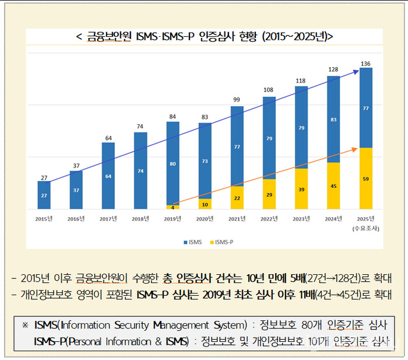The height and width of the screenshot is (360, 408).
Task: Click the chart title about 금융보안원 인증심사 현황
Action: pyautogui.click(x=204, y=37)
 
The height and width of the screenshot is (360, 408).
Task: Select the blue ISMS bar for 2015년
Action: pyautogui.click(x=44, y=195)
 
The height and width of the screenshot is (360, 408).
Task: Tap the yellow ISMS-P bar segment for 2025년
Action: pyautogui.click(x=365, y=179)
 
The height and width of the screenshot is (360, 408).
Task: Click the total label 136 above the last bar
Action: pyautogui.click(x=365, y=63)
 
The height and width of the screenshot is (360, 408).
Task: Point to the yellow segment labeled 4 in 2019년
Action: pyautogui.click(x=173, y=207)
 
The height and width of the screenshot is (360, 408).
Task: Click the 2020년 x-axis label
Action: pyautogui.click(x=205, y=219)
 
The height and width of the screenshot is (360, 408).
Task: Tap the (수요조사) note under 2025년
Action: pyautogui.click(x=365, y=228)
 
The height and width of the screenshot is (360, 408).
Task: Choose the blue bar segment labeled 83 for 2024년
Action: pyautogui.click(x=333, y=119)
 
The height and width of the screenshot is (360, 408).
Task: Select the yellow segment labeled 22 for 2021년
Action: pyautogui.click(x=237, y=198)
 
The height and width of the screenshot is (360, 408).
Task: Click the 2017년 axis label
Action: pyautogui.click(x=108, y=219)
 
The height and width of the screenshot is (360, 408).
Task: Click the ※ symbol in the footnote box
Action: pyautogui.click(x=25, y=324)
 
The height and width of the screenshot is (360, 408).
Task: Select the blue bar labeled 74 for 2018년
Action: pyautogui.click(x=140, y=170)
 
